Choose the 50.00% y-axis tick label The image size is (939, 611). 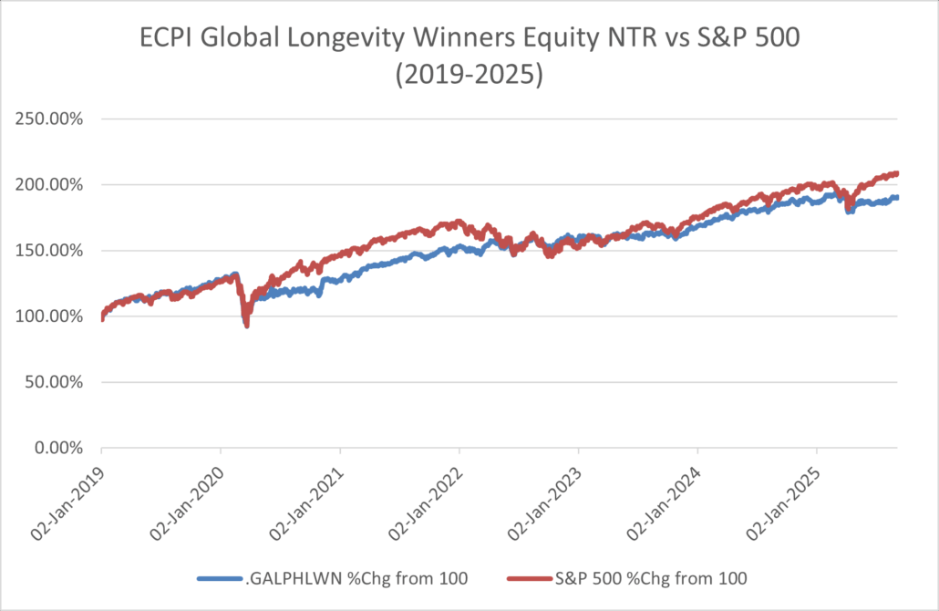click(55, 382)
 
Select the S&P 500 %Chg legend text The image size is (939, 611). click(651, 578)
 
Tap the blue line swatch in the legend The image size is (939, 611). click(220, 578)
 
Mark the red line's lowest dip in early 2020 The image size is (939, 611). click(246, 326)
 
